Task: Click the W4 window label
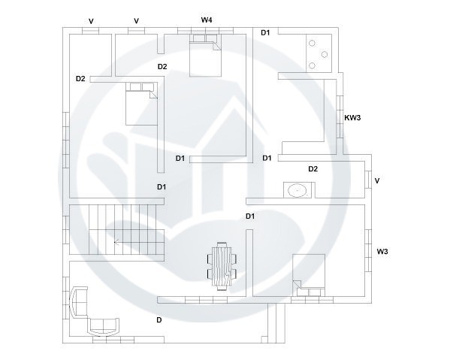[207, 19]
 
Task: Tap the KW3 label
[353, 117]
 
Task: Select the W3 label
[382, 250]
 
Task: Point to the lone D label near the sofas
[159, 319]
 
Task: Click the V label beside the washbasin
[377, 181]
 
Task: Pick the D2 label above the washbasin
[313, 169]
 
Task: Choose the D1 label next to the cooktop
[265, 32]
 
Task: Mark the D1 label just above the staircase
[162, 186]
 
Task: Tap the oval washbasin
[296, 189]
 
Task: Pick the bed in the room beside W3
[308, 274]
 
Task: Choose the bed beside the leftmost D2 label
[140, 104]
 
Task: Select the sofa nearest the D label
[104, 325]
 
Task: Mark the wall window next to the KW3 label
[340, 116]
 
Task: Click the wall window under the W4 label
[205, 31]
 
